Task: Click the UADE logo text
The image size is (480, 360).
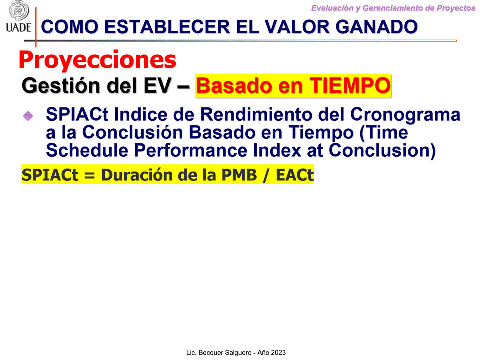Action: [x=19, y=27]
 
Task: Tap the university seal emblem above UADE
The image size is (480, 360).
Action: [x=19, y=10]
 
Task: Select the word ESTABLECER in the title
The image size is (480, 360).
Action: [x=167, y=27]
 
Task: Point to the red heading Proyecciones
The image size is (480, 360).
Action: [x=98, y=60]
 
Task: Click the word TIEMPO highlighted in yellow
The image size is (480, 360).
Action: [x=350, y=86]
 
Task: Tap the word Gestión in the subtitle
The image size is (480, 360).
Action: [x=61, y=86]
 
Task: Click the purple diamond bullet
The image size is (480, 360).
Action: [x=28, y=116]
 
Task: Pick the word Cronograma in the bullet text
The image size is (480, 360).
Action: [x=405, y=114]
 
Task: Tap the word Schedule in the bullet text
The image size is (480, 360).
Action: [x=87, y=150]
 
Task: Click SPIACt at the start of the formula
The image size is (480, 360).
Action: [x=50, y=175]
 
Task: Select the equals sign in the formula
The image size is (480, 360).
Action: [x=90, y=176]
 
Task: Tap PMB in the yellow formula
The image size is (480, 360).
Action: [x=239, y=175]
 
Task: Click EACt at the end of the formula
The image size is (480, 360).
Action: [x=295, y=175]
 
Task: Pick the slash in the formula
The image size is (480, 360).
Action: [x=266, y=175]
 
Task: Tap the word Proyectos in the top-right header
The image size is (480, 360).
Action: [x=456, y=8]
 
